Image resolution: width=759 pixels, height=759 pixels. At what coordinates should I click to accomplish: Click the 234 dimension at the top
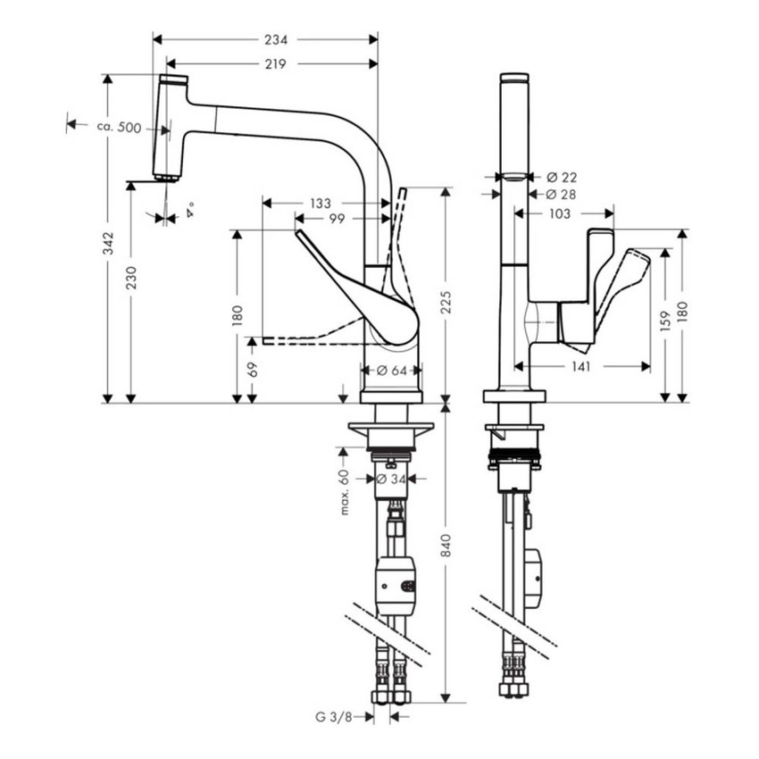(x=276, y=39)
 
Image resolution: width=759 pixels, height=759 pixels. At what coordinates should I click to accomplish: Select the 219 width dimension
(x=276, y=63)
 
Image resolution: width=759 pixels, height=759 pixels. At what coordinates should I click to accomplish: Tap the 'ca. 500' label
(x=119, y=128)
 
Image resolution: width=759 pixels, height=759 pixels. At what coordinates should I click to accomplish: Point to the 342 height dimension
(x=108, y=241)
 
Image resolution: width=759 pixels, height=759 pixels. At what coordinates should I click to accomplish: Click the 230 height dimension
(x=132, y=279)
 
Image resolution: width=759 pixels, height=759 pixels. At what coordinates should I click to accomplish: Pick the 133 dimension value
(x=321, y=204)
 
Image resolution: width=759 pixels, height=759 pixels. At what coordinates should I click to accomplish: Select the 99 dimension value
(x=337, y=219)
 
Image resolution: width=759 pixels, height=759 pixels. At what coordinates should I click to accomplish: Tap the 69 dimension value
(x=253, y=369)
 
